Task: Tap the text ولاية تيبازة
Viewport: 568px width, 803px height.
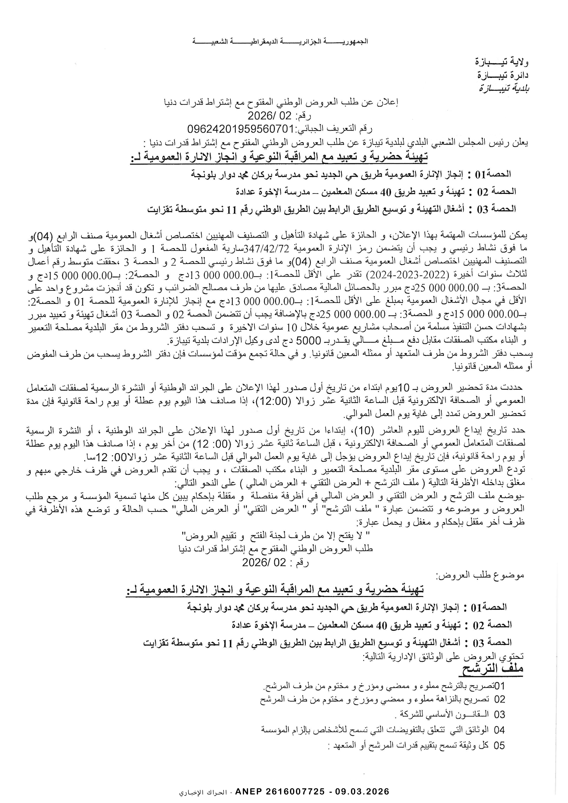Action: [x=504, y=63]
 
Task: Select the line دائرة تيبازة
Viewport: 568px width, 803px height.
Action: [x=504, y=75]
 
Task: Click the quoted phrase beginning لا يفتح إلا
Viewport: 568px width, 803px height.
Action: [x=276, y=535]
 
